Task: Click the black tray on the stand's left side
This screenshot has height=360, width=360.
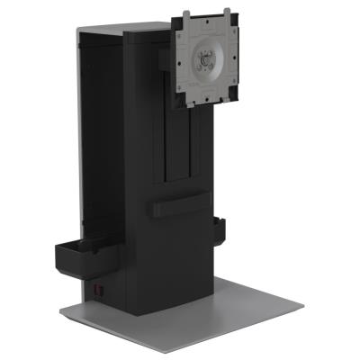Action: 82,253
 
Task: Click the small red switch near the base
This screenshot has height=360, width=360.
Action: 101,291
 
